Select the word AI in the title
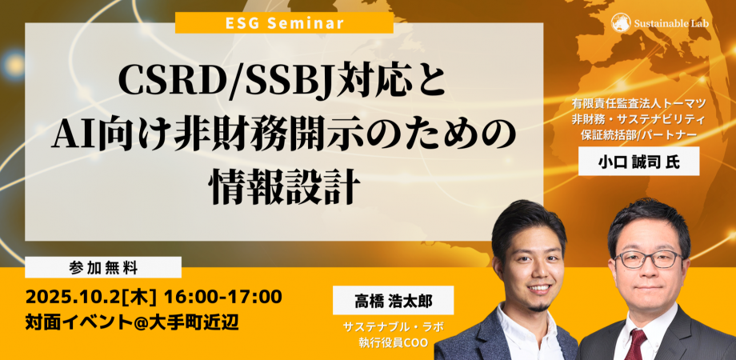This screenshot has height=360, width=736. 73,129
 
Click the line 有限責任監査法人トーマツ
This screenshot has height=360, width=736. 638,104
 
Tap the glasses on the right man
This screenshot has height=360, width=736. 647,258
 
